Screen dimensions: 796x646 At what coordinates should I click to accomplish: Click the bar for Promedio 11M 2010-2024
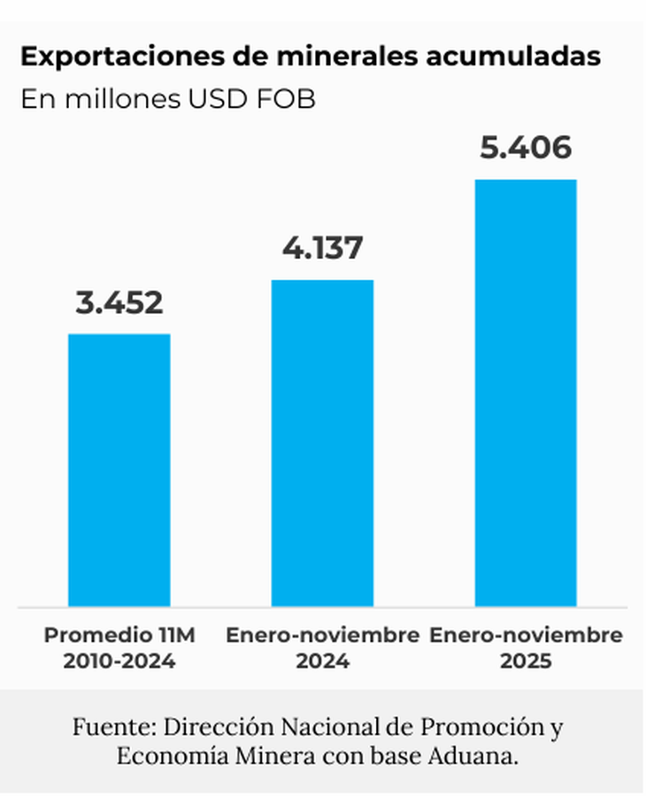click(119, 470)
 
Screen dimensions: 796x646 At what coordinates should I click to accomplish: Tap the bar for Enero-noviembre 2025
click(526, 393)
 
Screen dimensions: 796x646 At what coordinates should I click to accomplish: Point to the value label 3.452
click(119, 303)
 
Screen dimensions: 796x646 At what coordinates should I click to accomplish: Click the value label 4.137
click(322, 249)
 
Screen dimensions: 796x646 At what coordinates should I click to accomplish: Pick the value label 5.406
click(526, 148)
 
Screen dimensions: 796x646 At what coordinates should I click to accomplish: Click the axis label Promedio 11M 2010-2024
click(119, 647)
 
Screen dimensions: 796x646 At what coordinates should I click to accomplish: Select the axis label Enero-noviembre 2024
click(322, 647)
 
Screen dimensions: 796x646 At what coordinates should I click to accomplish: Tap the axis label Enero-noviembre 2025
click(526, 647)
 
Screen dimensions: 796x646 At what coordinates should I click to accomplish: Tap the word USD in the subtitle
click(216, 99)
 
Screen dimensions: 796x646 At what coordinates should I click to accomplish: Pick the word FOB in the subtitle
click(285, 99)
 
